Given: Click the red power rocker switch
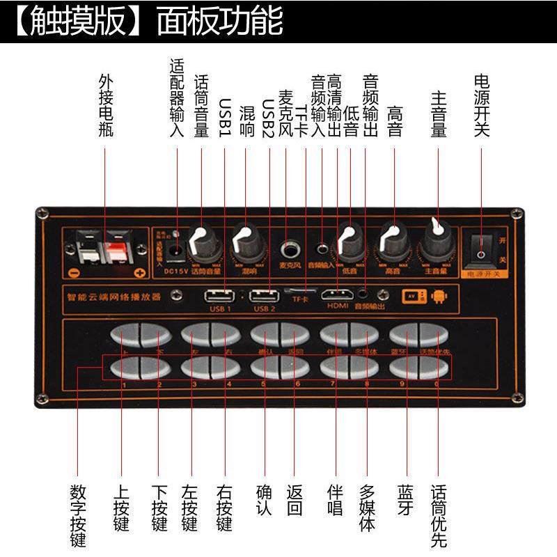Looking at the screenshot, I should click(x=481, y=247).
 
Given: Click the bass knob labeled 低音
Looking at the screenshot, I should click(x=351, y=241).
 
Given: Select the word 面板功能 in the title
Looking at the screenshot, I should click(x=220, y=22).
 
